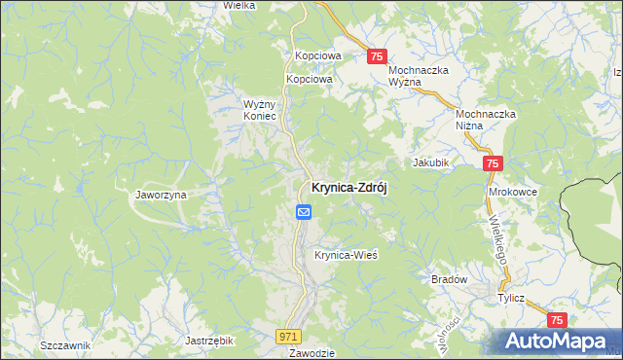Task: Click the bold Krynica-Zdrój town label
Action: tap(348, 189)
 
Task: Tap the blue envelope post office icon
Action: tap(304, 211)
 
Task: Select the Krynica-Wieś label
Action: tap(345, 255)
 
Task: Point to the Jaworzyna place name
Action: tap(161, 195)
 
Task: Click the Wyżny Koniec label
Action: tap(260, 109)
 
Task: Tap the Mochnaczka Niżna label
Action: tap(486, 119)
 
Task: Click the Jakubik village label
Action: tap(430, 162)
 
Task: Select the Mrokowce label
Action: tap(513, 192)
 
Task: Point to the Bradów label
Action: tap(449, 279)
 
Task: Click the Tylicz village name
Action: tap(511, 300)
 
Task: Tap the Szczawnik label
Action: tap(65, 345)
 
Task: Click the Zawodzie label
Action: tap(312, 353)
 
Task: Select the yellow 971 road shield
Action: tap(286, 336)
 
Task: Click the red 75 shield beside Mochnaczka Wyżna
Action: tap(379, 57)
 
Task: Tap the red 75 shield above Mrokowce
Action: tap(493, 165)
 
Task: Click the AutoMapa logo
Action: tap(558, 340)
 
